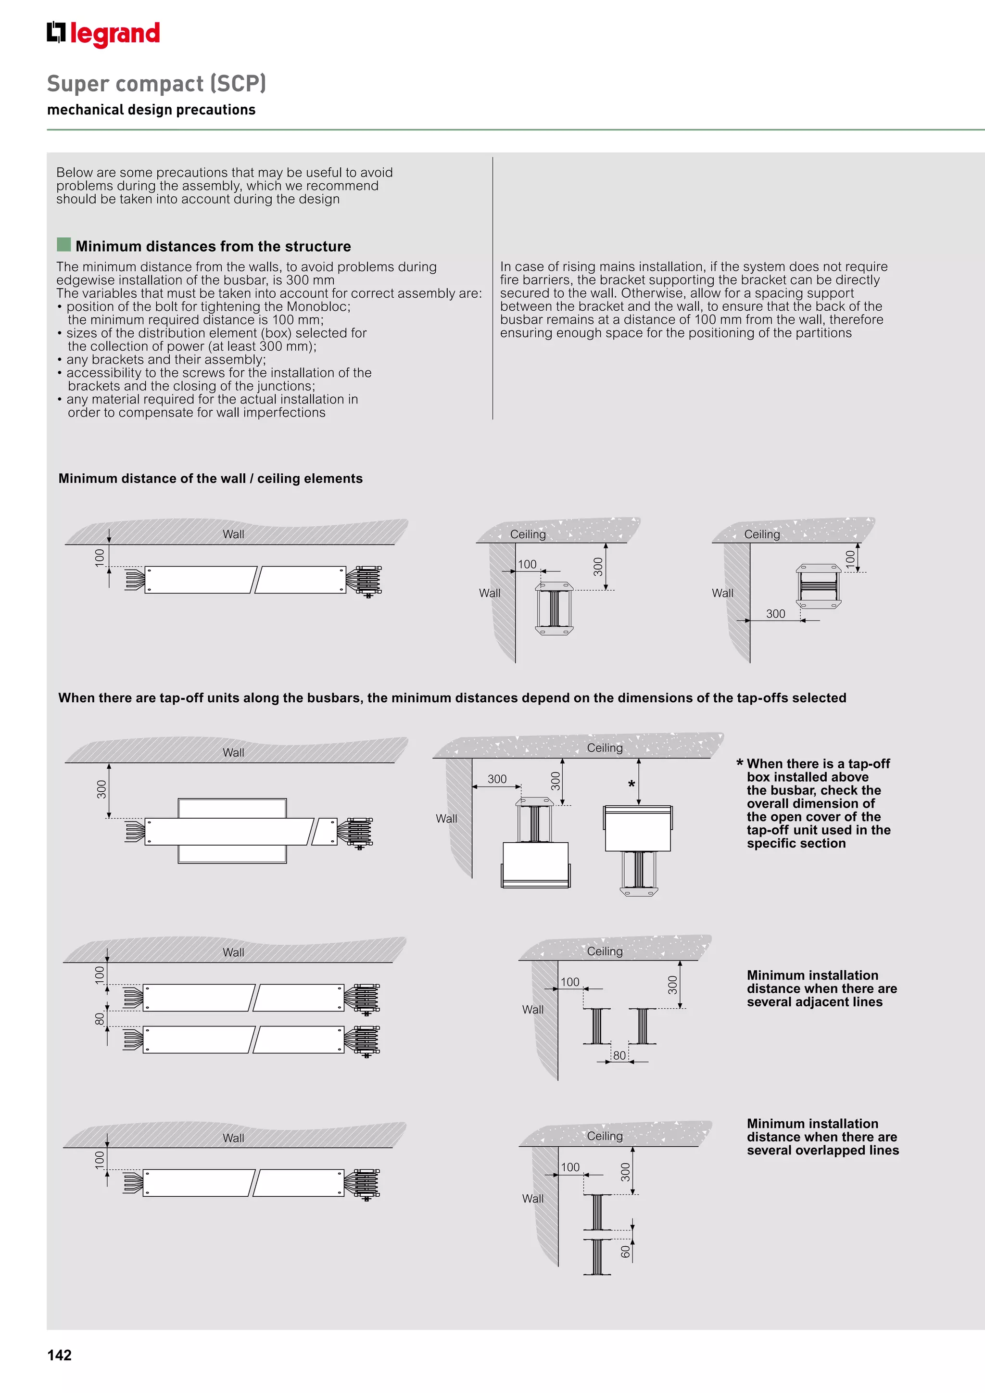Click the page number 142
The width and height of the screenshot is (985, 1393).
point(60,1355)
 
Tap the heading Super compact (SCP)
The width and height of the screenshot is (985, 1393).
point(156,83)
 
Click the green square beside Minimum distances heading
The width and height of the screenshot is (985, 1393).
point(63,244)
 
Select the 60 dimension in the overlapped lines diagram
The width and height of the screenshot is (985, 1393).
point(625,1251)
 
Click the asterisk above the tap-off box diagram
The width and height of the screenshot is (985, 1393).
point(631,785)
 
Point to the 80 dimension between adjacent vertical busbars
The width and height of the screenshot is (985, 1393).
point(619,1055)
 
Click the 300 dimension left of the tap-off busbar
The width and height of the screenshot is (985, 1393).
point(101,789)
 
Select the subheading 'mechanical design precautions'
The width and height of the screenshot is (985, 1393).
point(151,110)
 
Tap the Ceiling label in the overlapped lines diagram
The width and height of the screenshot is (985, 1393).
point(604,1136)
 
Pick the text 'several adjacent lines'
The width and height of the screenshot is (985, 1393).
point(815,1001)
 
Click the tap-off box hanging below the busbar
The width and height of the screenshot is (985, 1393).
point(535,864)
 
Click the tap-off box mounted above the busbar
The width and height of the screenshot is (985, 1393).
point(637,828)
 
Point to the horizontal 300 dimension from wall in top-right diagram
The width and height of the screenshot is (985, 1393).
point(775,613)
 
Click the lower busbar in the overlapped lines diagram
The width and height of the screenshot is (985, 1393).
point(597,1256)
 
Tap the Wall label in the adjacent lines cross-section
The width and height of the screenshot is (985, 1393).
point(532,1010)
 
